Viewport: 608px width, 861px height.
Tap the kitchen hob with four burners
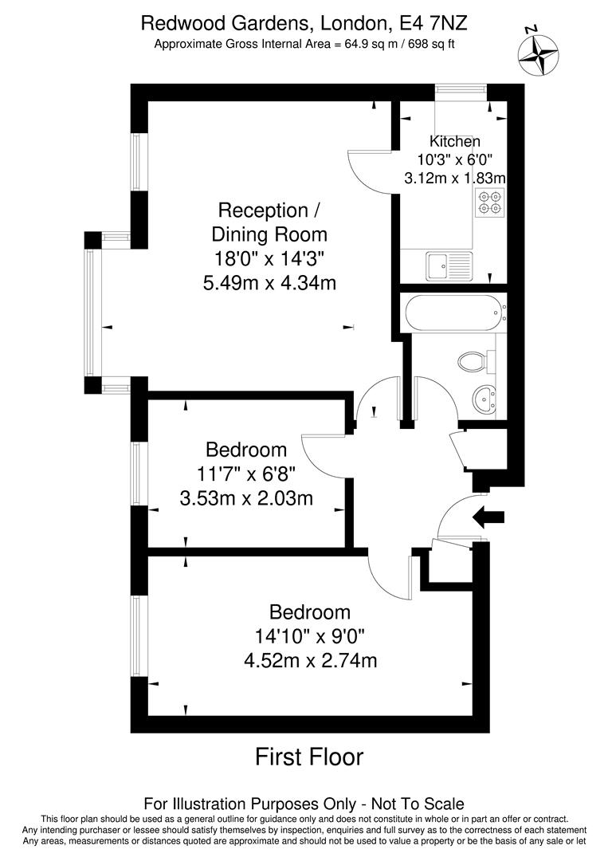coord(489,202)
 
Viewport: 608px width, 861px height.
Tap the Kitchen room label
coord(454,141)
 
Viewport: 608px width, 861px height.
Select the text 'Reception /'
coord(269,210)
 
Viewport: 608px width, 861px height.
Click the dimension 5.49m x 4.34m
coord(269,282)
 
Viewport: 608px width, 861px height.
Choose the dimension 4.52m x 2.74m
coord(311,660)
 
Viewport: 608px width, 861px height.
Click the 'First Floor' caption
coord(309,756)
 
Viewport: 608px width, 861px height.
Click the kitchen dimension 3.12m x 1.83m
coord(455,178)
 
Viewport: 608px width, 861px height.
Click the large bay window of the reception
coord(92,313)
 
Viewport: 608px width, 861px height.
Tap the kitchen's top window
coord(461,91)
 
